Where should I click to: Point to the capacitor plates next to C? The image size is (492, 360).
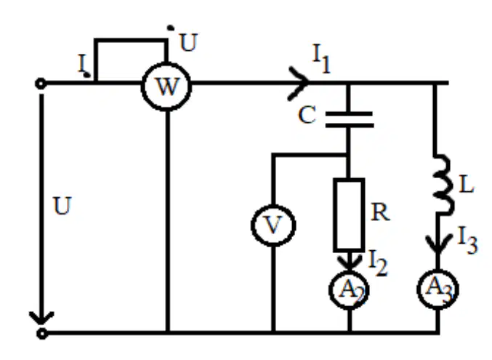tap(350, 119)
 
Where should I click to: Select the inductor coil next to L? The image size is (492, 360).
tap(443, 185)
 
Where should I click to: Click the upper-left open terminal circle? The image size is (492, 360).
tap(41, 84)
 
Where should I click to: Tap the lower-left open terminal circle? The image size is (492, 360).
tap(41, 333)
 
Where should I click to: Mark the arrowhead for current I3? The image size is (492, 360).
tap(437, 245)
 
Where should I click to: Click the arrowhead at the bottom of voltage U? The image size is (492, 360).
tap(41, 318)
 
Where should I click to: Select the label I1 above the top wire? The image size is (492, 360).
tap(322, 59)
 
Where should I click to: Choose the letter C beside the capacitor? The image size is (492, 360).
tap(307, 115)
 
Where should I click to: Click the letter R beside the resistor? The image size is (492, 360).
tap(380, 212)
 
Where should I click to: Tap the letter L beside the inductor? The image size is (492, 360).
tap(466, 185)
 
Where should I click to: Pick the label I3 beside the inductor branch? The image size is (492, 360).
tap(467, 240)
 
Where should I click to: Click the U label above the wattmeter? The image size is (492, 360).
tap(188, 42)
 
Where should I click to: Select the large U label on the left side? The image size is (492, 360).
tap(62, 206)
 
